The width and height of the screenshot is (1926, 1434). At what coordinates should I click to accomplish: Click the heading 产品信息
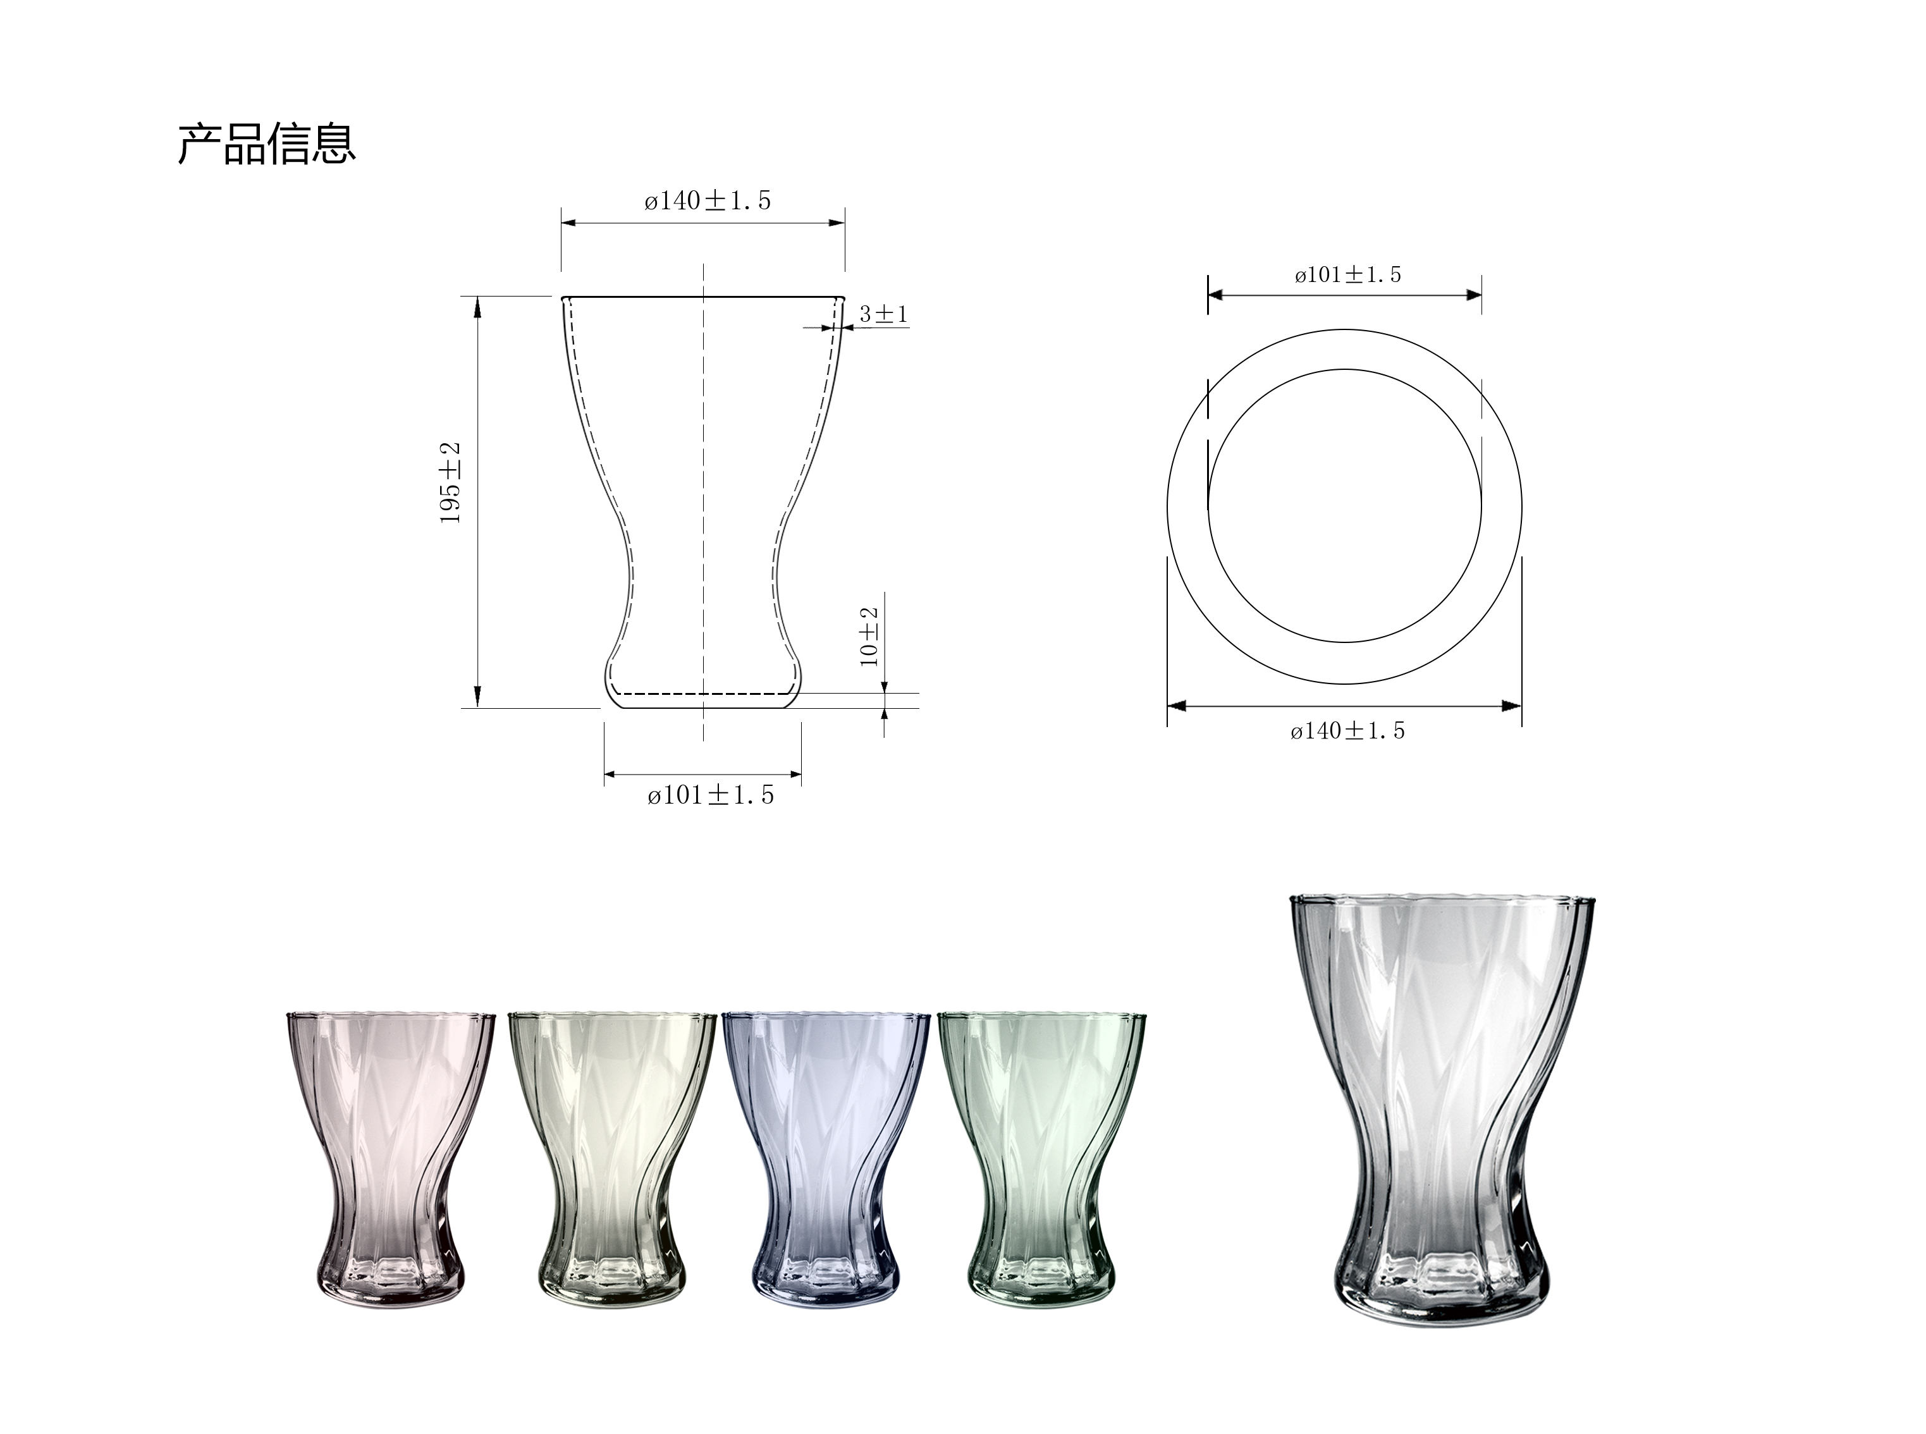click(x=266, y=144)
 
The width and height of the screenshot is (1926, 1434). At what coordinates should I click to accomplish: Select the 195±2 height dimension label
click(x=450, y=482)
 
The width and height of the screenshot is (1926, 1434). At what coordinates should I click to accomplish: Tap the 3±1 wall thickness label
click(x=883, y=314)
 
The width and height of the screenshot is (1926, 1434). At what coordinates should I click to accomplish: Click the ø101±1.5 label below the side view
click(x=710, y=795)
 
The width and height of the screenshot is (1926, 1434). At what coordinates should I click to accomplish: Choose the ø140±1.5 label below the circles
click(x=1347, y=731)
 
